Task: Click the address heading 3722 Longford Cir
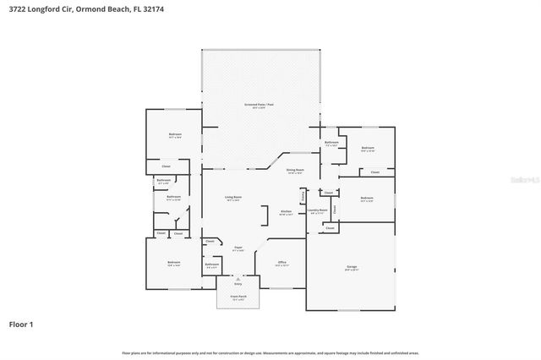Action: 73,9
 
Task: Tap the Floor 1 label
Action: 22,324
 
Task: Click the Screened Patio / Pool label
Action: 260,105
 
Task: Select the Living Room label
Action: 232,198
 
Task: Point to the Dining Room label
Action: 295,171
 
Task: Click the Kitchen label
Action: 286,211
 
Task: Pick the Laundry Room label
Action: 317,211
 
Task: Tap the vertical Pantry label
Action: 303,195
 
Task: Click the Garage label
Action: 351,267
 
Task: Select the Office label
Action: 282,263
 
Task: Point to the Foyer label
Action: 238,248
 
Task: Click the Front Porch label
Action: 238,296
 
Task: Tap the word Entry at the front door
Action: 238,284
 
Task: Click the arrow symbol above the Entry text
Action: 238,278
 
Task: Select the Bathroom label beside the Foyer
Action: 212,265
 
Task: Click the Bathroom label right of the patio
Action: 331,143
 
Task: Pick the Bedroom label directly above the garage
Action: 366,200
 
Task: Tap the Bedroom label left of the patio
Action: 174,134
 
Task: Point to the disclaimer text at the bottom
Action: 270,352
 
